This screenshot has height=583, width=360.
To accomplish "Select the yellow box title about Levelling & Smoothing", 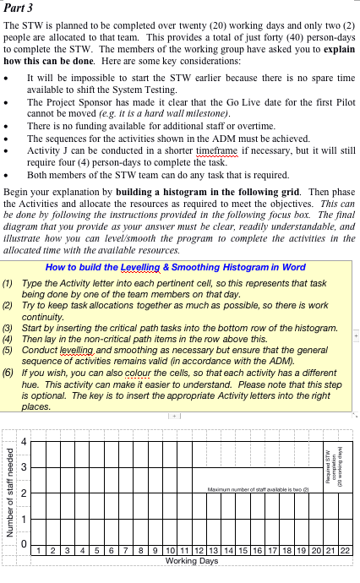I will (175, 268).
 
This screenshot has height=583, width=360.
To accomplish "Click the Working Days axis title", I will (191, 560).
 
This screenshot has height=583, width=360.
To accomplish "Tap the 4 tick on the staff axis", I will (24, 441).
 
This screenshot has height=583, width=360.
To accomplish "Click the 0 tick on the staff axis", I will (24, 543).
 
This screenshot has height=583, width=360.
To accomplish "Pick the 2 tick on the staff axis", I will (24, 493).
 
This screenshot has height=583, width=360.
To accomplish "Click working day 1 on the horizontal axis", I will (41, 551).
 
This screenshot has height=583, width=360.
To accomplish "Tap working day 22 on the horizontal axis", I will (344, 551).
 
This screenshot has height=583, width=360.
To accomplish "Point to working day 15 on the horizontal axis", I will (242, 551).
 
